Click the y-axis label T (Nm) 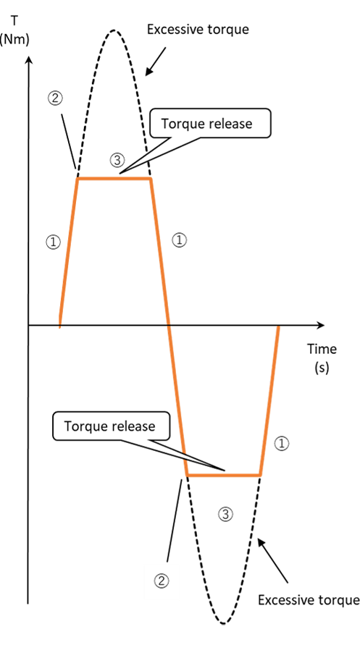pyautogui.click(x=14, y=30)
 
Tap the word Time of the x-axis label pyautogui.click(x=322, y=349)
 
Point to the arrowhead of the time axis pyautogui.click(x=320, y=325)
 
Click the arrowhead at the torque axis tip pyautogui.click(x=28, y=61)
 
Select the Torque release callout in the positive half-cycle pyautogui.click(x=210, y=123)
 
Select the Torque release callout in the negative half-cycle pyautogui.click(x=111, y=426)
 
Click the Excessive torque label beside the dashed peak pyautogui.click(x=198, y=29)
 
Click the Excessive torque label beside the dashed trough pyautogui.click(x=309, y=599)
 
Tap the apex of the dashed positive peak pyautogui.click(x=114, y=30)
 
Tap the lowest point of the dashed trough pyautogui.click(x=223, y=623)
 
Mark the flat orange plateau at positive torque pyautogui.click(x=114, y=179)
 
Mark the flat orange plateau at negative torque pyautogui.click(x=223, y=476)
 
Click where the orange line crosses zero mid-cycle pyautogui.click(x=168, y=325)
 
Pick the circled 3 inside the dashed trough pyautogui.click(x=225, y=514)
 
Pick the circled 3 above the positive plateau pyautogui.click(x=117, y=160)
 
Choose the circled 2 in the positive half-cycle pyautogui.click(x=56, y=98)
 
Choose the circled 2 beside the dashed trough pyautogui.click(x=162, y=581)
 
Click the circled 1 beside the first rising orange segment pyautogui.click(x=53, y=242)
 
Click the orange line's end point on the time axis pyautogui.click(x=279, y=326)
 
